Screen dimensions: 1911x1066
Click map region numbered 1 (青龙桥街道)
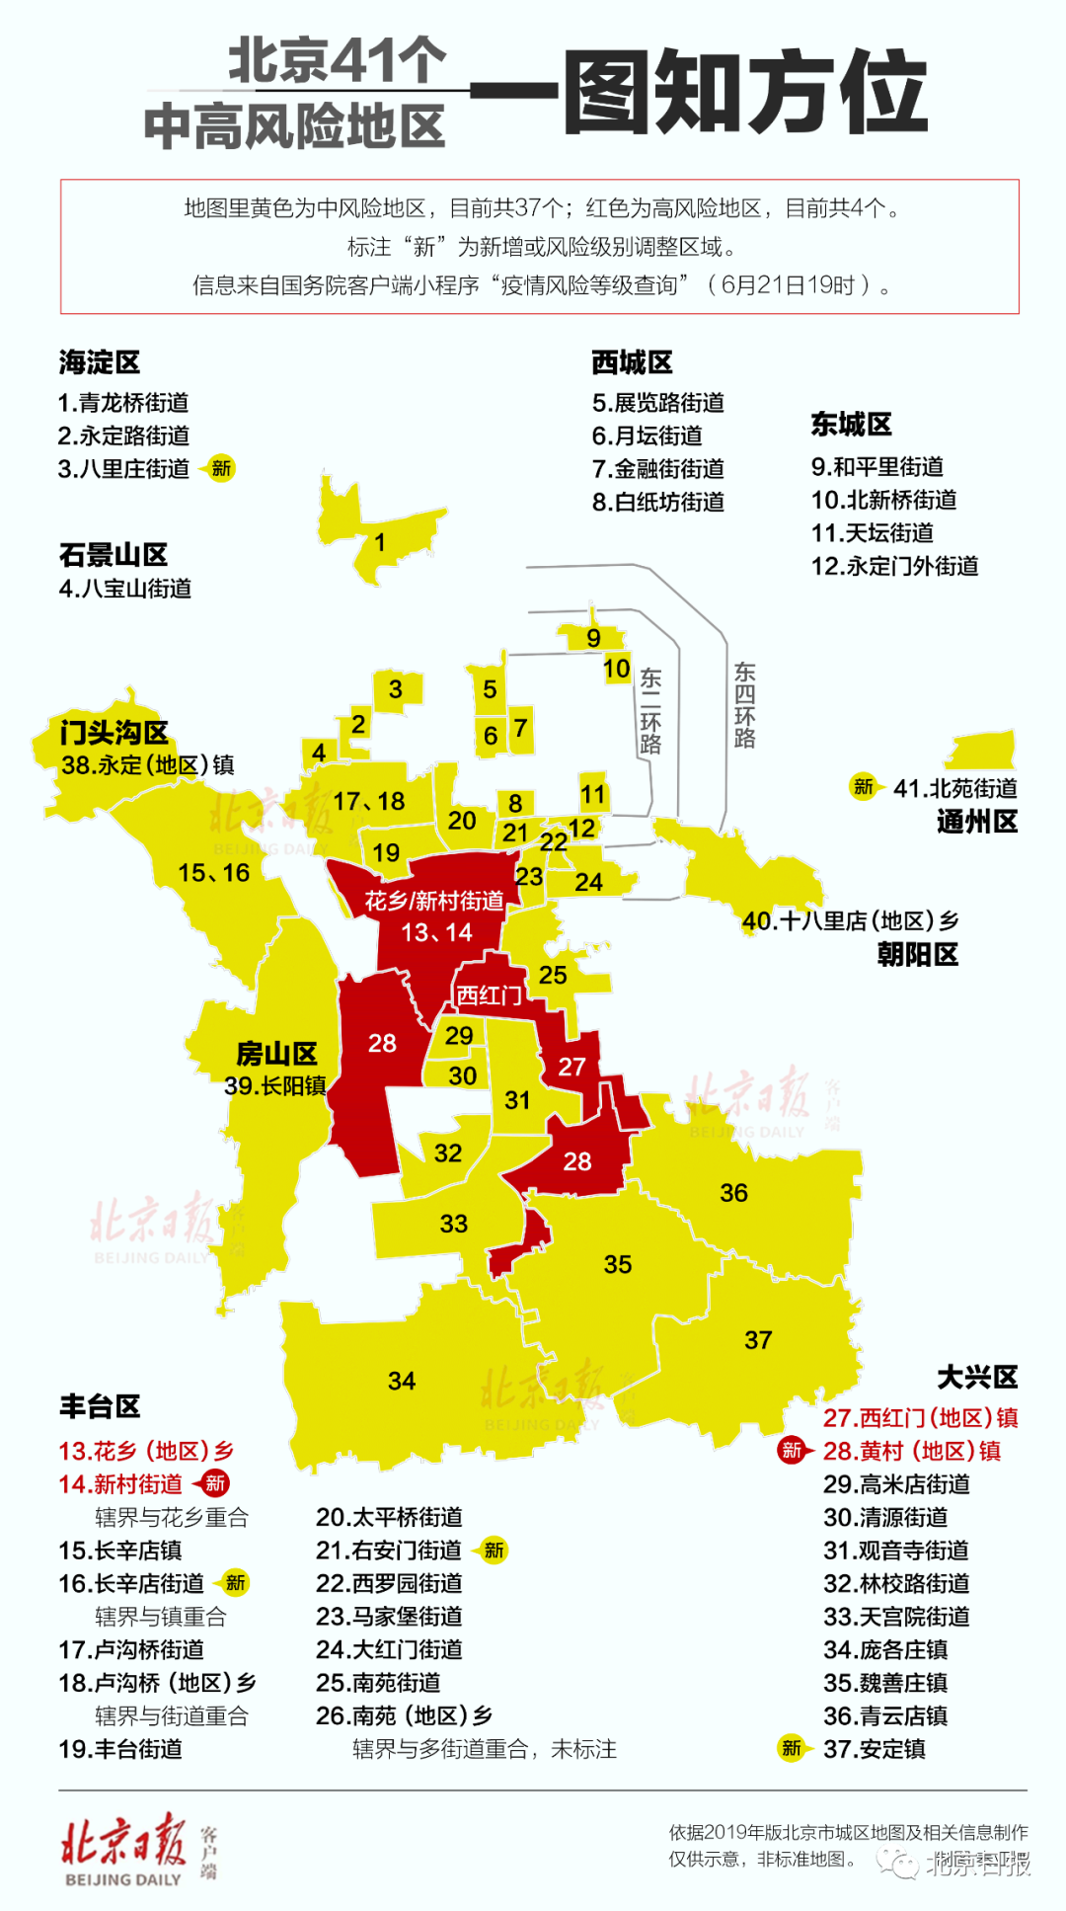click(380, 541)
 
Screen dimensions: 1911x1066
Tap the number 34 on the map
click(401, 1381)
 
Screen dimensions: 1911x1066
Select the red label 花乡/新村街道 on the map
click(434, 901)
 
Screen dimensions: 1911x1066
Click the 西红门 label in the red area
click(488, 995)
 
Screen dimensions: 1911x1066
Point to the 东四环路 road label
click(744, 705)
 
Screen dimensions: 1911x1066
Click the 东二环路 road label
click(650, 711)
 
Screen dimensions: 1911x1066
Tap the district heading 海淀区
click(99, 362)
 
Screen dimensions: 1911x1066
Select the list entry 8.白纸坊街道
click(658, 503)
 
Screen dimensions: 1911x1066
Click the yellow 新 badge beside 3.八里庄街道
click(221, 468)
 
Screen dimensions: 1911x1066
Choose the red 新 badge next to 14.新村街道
click(214, 1482)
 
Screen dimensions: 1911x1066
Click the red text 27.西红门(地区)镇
click(920, 1418)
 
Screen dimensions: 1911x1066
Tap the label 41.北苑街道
click(954, 788)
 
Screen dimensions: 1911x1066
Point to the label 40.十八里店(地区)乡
click(850, 921)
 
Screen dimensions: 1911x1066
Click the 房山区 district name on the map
click(276, 1054)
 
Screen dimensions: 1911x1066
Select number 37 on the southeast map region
click(758, 1340)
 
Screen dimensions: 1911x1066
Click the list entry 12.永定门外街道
click(894, 566)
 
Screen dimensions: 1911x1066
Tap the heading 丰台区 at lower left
click(100, 1406)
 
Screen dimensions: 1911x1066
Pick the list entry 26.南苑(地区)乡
click(404, 1715)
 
